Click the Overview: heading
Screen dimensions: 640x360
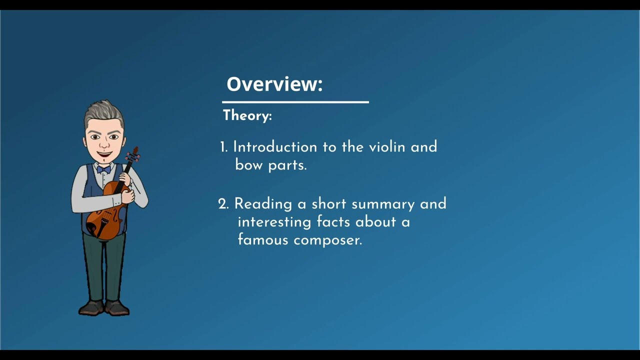(274, 84)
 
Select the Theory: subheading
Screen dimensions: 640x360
(247, 115)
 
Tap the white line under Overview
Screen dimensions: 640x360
(295, 102)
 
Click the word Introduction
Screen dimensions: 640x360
(275, 147)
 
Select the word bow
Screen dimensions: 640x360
(248, 165)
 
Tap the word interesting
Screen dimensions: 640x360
(274, 222)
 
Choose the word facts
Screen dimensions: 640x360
(333, 221)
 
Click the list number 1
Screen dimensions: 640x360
(223, 147)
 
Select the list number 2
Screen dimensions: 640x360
(223, 204)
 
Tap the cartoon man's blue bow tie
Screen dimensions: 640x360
(103, 169)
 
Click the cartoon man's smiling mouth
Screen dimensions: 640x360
(104, 154)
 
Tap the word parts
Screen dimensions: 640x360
(287, 165)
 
